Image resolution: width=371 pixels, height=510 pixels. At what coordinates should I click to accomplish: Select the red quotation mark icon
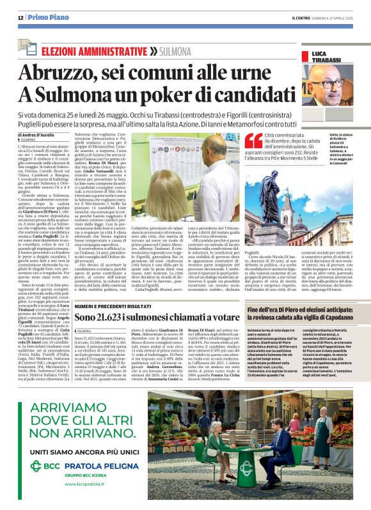[x=253, y=141]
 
